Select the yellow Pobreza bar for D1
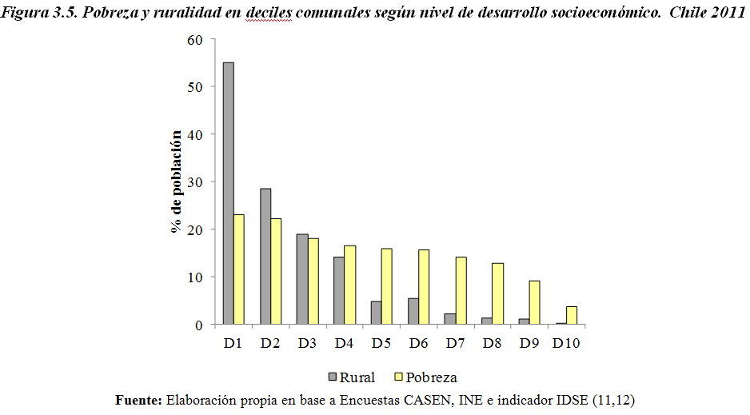[x=239, y=269]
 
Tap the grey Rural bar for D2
[x=265, y=257]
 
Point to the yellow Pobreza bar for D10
[x=572, y=315]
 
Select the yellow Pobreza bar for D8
[x=498, y=293]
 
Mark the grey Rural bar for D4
[x=338, y=290]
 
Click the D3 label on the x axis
[x=307, y=343]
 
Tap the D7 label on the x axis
[x=456, y=343]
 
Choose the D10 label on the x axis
[x=567, y=343]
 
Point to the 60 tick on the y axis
[x=196, y=39]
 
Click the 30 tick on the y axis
[x=196, y=182]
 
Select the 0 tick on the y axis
[x=199, y=325]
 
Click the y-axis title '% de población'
[x=177, y=182]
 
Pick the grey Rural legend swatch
[x=332, y=377]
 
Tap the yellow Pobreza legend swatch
[x=397, y=377]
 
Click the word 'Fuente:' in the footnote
[x=139, y=399]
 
